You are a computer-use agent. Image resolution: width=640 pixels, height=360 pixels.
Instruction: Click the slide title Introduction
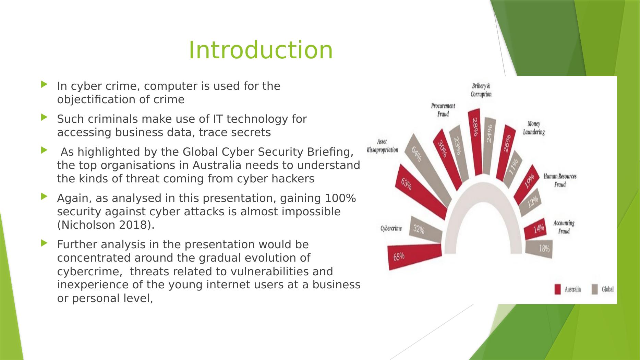261,50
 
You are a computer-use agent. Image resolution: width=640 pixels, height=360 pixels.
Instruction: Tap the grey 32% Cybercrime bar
425,228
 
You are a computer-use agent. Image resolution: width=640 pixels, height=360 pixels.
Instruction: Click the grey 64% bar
428,170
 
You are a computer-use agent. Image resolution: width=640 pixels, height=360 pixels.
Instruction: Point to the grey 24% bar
489,146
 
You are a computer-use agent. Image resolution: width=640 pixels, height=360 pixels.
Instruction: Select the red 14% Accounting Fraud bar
535,229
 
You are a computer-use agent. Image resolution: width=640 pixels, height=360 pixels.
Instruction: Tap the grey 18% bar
539,249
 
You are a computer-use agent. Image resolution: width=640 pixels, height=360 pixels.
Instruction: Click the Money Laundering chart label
534,128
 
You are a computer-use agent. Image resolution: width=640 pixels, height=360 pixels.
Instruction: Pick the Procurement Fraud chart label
443,110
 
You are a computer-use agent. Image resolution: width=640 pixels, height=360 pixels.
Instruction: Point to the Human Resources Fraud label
560,180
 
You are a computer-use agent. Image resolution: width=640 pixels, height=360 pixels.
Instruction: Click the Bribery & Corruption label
481,90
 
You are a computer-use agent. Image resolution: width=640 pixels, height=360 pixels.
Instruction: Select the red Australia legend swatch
557,289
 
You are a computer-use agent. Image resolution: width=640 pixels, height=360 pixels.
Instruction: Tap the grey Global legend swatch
595,289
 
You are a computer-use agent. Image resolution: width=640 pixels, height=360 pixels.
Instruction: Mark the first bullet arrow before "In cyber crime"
44,84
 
